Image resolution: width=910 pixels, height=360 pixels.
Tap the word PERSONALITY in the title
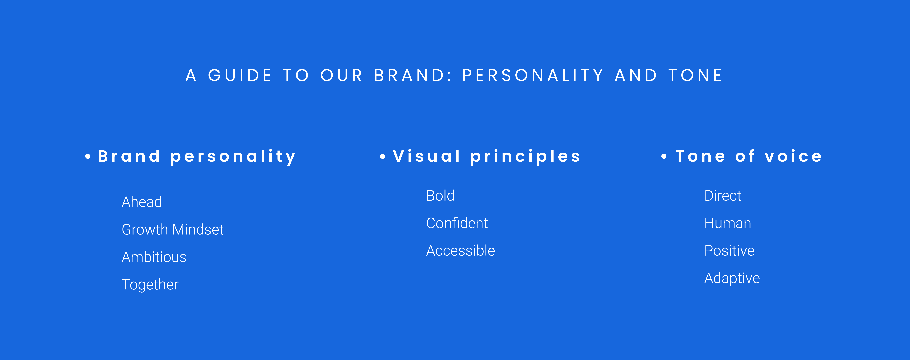click(533, 75)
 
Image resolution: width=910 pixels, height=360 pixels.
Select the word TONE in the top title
click(695, 75)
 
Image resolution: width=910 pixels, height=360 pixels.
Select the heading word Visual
click(427, 156)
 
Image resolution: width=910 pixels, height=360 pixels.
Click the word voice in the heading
click(793, 156)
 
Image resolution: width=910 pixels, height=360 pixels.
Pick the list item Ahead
click(142, 202)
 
